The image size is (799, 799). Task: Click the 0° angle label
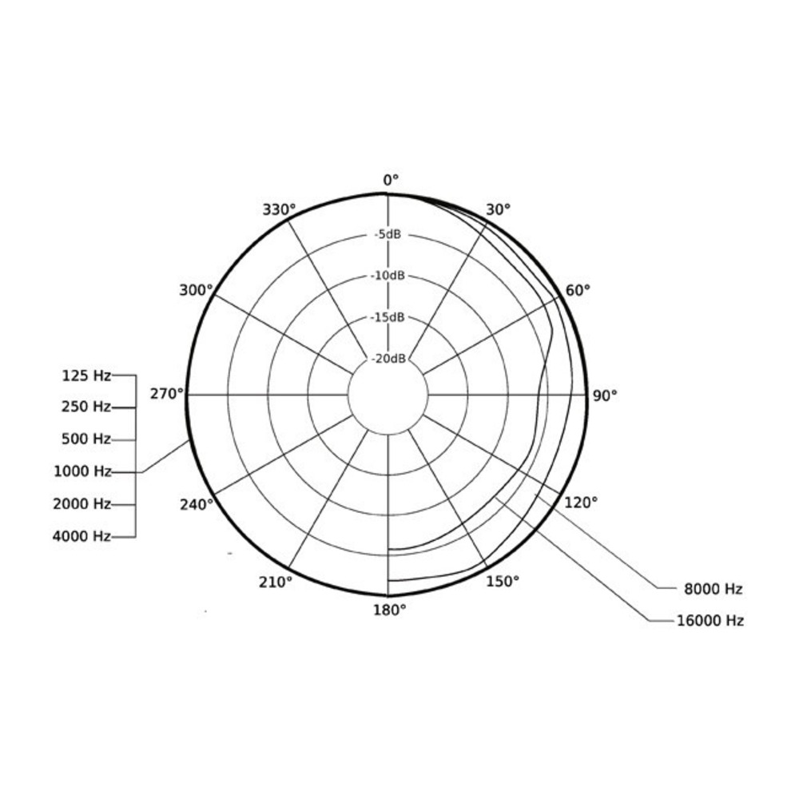391,180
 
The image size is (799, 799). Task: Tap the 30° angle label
498,209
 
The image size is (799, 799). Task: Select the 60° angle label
578,291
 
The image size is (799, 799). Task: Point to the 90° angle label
605,396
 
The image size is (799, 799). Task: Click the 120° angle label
581,503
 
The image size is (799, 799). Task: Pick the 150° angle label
503,582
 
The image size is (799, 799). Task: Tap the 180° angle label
390,610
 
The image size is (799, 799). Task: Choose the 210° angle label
276,582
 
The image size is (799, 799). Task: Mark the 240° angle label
197,504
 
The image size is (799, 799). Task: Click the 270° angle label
167,394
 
